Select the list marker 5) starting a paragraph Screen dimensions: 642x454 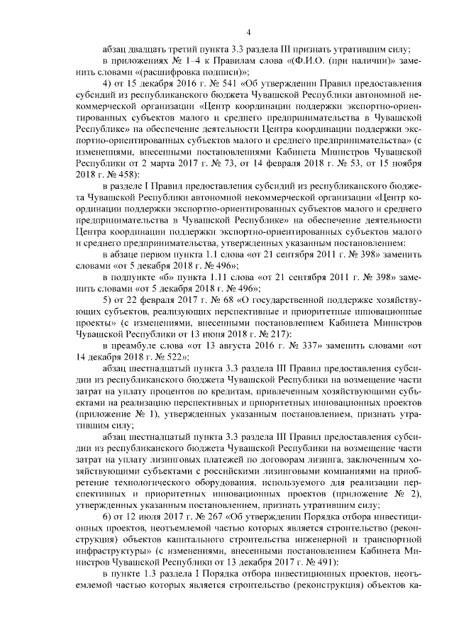pos(108,320)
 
